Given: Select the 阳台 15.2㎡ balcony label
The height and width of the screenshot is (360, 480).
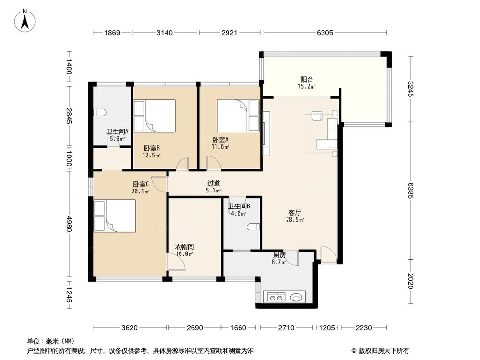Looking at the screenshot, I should tap(308, 83).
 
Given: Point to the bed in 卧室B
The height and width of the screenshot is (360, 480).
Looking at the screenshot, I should tap(154, 116).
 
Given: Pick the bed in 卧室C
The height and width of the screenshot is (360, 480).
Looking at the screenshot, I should tap(115, 216).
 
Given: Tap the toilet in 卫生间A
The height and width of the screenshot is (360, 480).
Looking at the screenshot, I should tap(100, 113).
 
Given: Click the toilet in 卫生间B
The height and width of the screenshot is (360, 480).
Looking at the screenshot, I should tap(252, 227).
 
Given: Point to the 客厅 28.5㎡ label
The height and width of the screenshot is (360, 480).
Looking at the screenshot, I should tap(295, 216).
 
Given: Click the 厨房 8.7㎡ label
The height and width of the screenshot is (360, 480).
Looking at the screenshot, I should tap(280, 259).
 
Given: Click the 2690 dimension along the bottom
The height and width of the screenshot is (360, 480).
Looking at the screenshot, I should tap(195, 328).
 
